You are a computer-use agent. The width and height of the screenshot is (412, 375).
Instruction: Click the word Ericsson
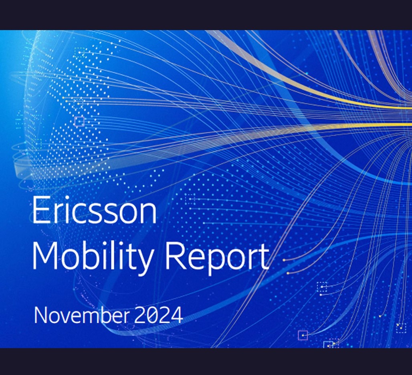point(94,210)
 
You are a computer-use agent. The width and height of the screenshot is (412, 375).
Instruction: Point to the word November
point(81,315)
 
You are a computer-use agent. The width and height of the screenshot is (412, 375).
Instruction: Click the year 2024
point(159,315)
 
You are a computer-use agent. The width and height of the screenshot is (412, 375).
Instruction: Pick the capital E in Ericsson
point(40,210)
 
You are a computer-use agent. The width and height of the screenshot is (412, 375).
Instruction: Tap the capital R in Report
point(175,255)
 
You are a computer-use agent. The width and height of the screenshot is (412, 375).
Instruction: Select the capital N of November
point(40,315)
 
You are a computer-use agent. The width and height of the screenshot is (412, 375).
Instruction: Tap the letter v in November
point(66,317)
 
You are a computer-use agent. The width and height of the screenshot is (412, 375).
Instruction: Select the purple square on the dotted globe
point(80,122)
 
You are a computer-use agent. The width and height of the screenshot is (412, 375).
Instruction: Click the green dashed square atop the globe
point(80,52)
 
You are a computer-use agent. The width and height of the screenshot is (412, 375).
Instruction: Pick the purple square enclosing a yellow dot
point(303,335)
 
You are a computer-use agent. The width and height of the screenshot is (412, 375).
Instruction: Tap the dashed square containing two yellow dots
point(401,328)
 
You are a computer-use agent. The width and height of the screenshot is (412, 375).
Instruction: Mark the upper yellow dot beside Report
point(284,260)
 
